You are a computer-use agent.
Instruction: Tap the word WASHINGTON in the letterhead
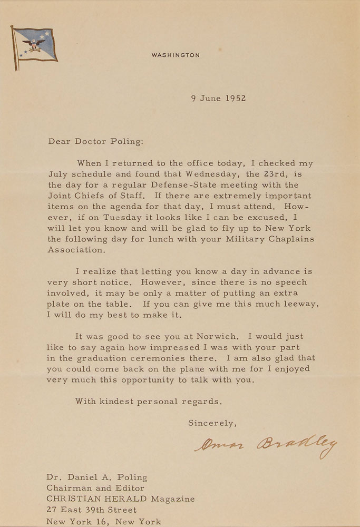(x=176, y=55)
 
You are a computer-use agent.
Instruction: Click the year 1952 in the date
(x=234, y=98)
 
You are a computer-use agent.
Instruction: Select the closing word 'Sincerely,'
(x=212, y=423)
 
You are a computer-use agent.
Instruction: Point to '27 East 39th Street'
(x=92, y=510)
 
